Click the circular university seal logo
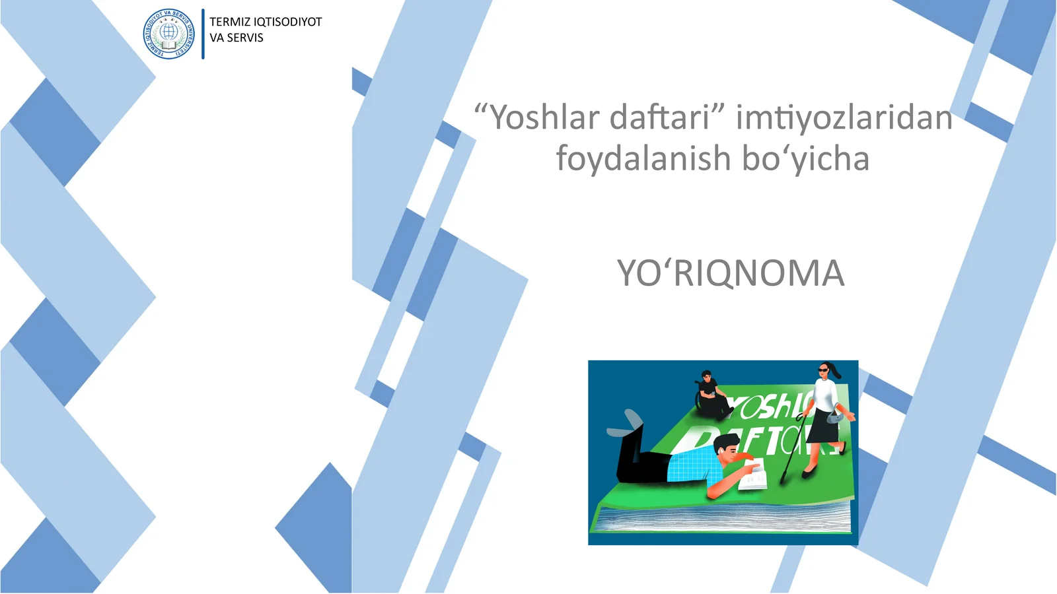tap(169, 34)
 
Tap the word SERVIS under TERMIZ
tap(245, 38)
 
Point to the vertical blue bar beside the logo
tap(203, 34)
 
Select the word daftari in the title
tap(661, 117)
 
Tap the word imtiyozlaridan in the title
tap(844, 117)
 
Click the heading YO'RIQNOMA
tap(731, 273)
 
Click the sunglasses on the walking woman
tap(823, 370)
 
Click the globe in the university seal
tap(169, 31)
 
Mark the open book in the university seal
tap(169, 44)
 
